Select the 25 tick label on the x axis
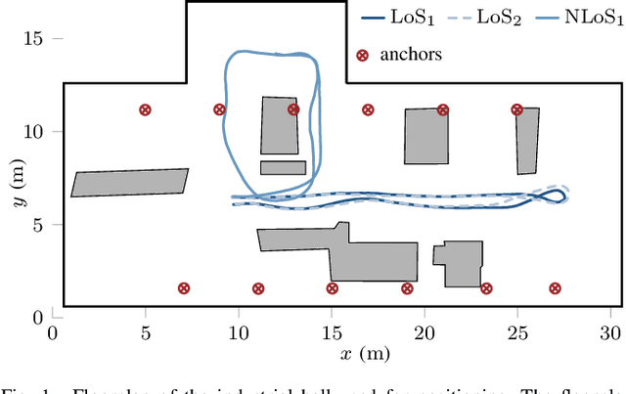516,332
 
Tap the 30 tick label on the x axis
609,332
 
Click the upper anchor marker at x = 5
145,110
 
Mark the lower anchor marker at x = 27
555,288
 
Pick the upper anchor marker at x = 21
442,110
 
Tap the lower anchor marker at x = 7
183,288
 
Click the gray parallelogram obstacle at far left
129,183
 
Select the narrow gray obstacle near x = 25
527,140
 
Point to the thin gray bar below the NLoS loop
283,168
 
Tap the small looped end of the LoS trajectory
553,196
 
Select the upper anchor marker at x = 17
368,110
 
